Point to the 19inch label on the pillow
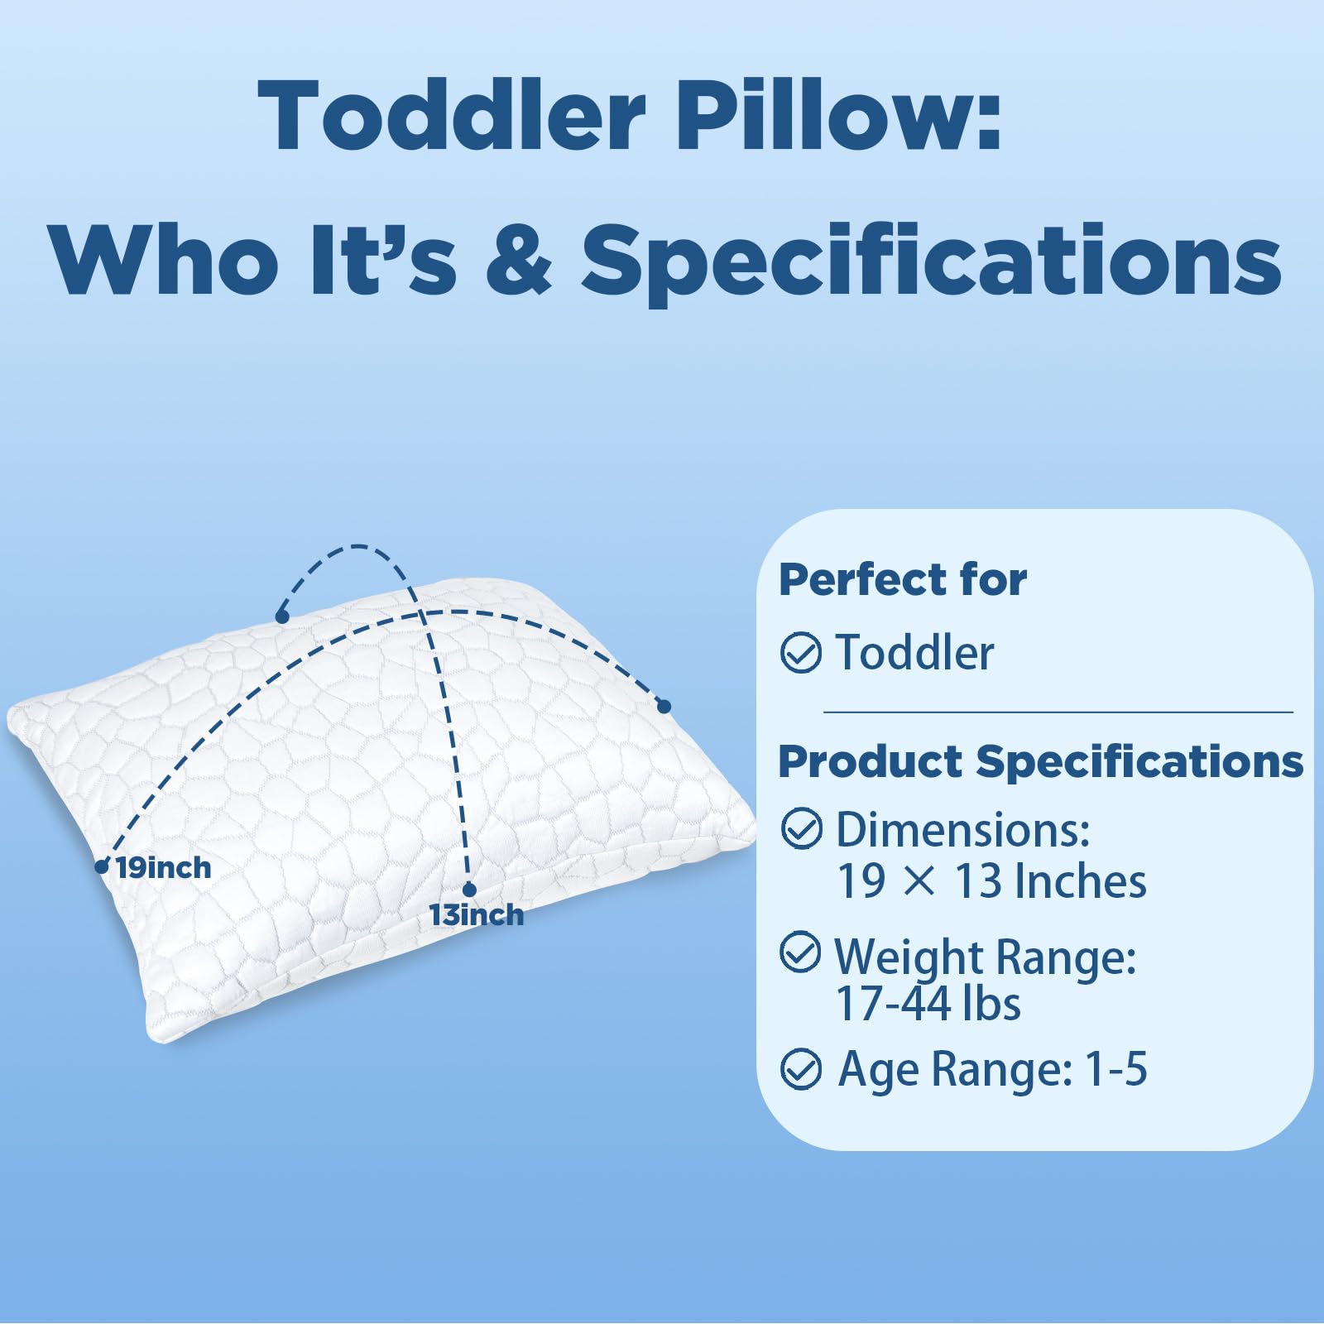pos(163,868)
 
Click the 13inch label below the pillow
pos(476,915)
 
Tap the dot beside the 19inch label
pos(102,866)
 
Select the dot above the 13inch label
pos(469,890)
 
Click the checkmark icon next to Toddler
pos(801,653)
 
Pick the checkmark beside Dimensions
pos(801,828)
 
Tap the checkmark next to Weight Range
pos(801,952)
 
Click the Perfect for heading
pos(903,579)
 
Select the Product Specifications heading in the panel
pos(1040,761)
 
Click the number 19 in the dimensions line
pos(861,881)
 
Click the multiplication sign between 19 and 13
pos(919,882)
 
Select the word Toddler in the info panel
pos(914,653)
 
